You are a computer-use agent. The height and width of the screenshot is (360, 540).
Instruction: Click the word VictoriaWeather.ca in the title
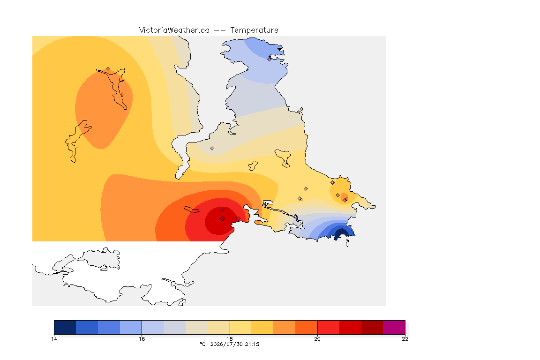pos(174,30)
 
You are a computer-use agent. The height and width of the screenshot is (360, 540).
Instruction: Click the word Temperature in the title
pos(254,30)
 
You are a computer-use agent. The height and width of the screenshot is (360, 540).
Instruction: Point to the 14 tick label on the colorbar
pos(54,339)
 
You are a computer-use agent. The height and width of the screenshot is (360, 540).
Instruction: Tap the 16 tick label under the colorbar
pos(142,339)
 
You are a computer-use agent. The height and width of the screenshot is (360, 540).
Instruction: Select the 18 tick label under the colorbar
pos(230,339)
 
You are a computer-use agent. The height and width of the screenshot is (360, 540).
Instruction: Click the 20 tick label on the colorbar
pos(317,339)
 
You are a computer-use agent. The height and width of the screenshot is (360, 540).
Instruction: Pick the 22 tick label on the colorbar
pos(405,339)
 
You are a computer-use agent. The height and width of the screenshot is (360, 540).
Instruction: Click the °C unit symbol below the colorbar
pos(203,344)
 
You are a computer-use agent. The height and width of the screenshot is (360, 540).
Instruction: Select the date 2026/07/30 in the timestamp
pos(226,344)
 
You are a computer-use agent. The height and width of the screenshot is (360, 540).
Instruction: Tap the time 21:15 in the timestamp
pos(252,344)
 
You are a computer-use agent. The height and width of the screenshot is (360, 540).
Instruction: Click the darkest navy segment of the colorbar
pos(65,327)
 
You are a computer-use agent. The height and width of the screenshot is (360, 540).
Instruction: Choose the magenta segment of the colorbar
pos(394,327)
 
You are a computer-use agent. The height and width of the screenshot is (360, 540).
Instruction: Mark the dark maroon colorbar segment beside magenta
pos(372,327)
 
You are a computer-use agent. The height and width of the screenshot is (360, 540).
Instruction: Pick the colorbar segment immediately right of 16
pos(153,327)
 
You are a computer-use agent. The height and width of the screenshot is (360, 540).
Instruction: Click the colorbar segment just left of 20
pos(306,327)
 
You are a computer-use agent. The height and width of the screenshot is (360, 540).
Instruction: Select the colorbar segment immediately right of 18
pos(240,327)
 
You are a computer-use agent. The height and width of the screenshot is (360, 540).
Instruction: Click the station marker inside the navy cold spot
pos(341,231)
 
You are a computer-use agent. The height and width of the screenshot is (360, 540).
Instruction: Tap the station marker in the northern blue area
pos(270,59)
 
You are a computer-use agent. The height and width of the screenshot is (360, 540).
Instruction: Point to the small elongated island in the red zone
pos(192,210)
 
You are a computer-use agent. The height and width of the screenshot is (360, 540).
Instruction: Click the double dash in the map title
pos(220,30)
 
